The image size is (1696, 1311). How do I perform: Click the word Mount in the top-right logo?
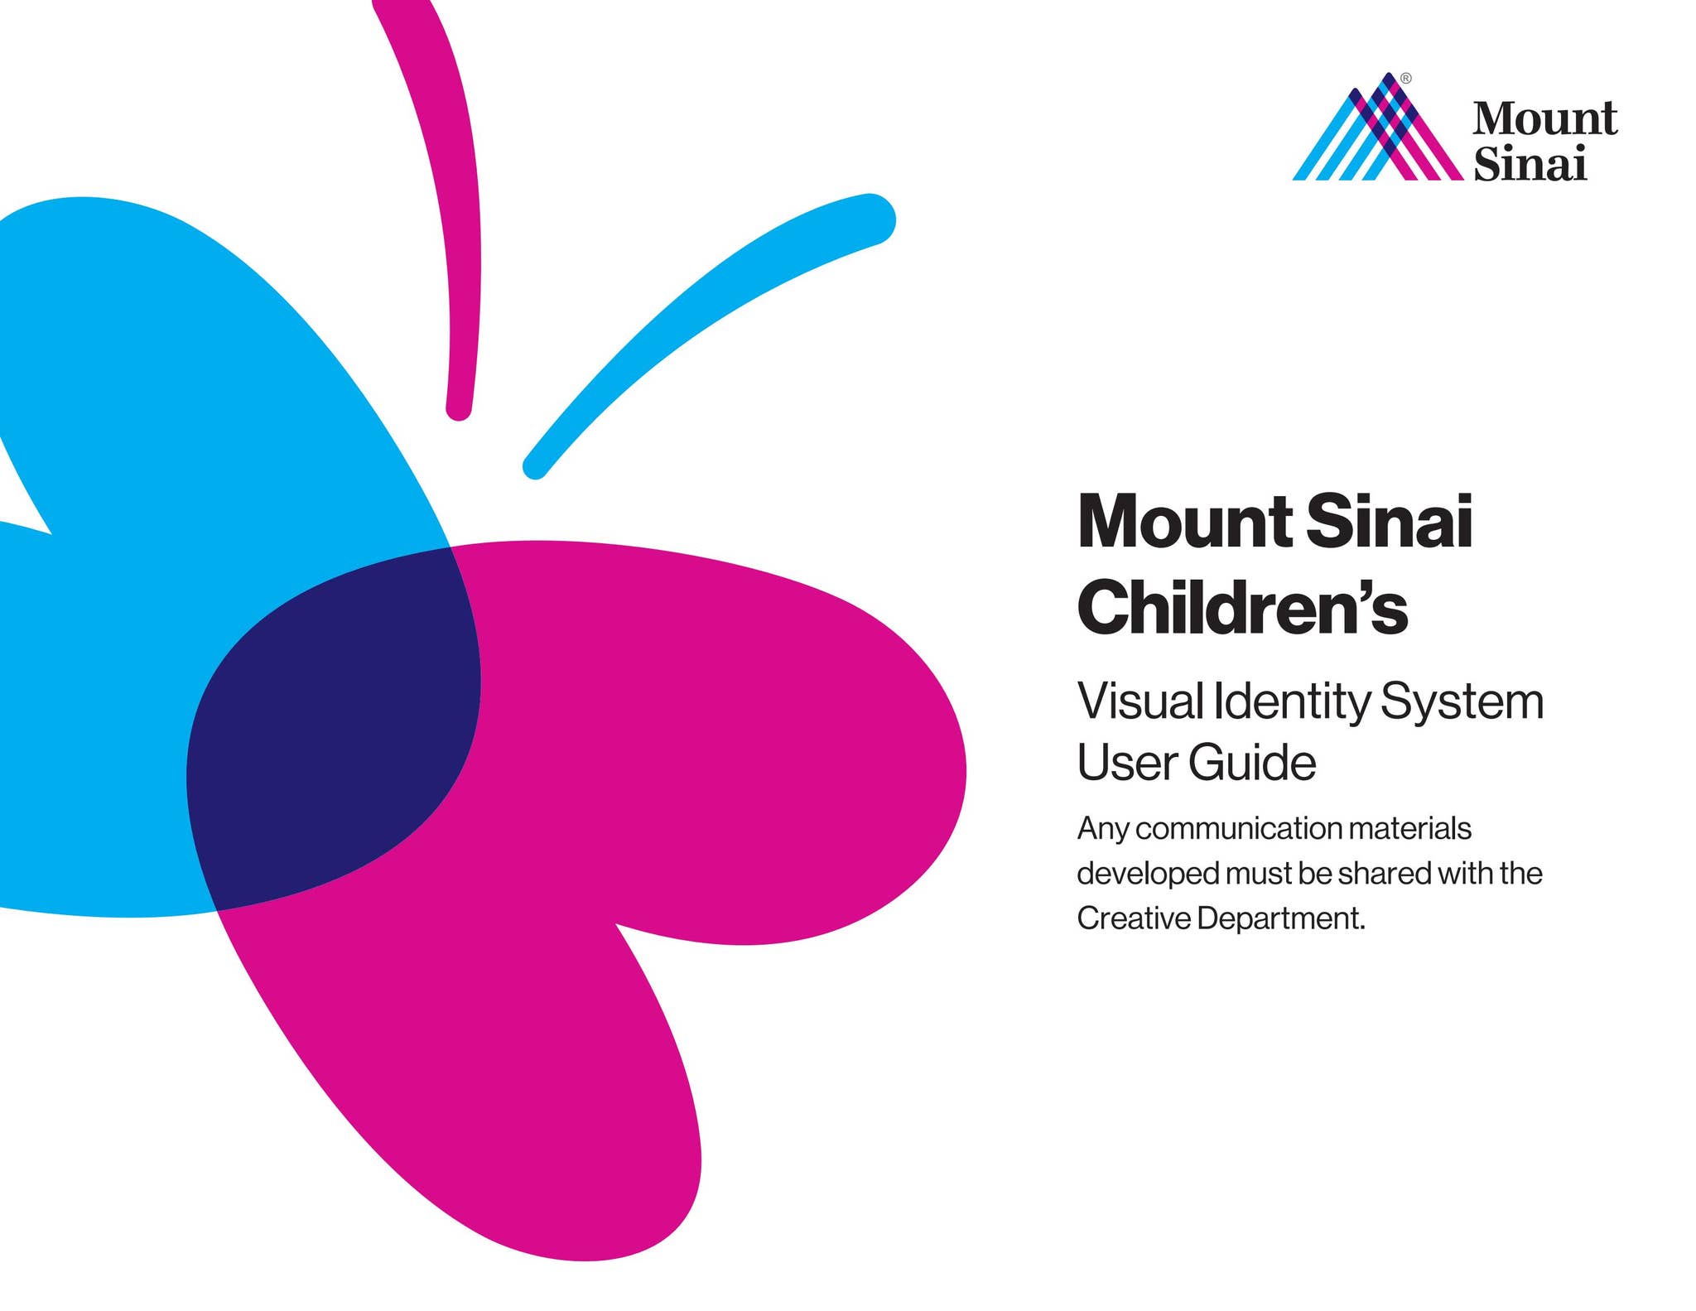1544,118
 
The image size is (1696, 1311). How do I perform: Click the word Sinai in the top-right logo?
1530,163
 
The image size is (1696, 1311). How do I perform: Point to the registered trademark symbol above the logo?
1406,79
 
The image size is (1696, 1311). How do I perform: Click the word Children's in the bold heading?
1242,608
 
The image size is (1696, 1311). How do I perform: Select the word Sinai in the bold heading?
1389,522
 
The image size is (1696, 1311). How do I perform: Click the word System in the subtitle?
1462,702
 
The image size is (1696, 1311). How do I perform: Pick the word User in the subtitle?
1126,762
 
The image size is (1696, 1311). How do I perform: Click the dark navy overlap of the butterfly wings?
340,729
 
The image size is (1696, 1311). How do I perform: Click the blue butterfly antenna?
704,315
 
